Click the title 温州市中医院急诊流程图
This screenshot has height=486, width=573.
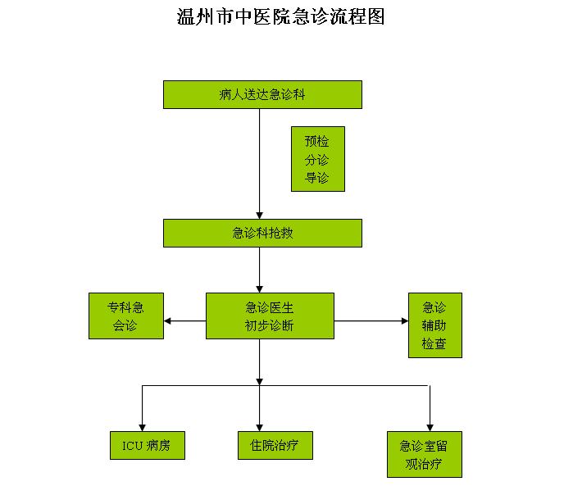pos(280,16)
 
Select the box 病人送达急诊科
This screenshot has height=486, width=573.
pos(262,94)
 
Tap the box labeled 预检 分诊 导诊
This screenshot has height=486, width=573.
pos(318,159)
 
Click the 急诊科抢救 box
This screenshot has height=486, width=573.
pos(262,233)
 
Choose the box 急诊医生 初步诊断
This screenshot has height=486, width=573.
pos(270,316)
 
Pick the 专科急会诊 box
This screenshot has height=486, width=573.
pos(126,316)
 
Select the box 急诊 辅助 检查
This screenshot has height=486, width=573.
pos(434,325)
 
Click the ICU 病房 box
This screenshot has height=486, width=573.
pos(148,445)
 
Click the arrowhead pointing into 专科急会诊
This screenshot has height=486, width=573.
pos(168,320)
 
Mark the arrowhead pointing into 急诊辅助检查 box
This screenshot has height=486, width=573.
pos(404,320)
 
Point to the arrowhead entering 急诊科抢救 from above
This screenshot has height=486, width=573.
pos(260,215)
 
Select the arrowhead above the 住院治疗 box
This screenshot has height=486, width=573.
pos(260,427)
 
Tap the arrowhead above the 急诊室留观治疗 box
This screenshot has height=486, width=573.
pos(430,427)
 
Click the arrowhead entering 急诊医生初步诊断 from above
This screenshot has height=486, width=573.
pos(260,288)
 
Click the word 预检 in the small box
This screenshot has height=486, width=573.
pos(317,141)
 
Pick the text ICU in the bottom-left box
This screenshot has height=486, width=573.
pos(133,446)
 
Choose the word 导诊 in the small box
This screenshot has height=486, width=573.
pos(317,177)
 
